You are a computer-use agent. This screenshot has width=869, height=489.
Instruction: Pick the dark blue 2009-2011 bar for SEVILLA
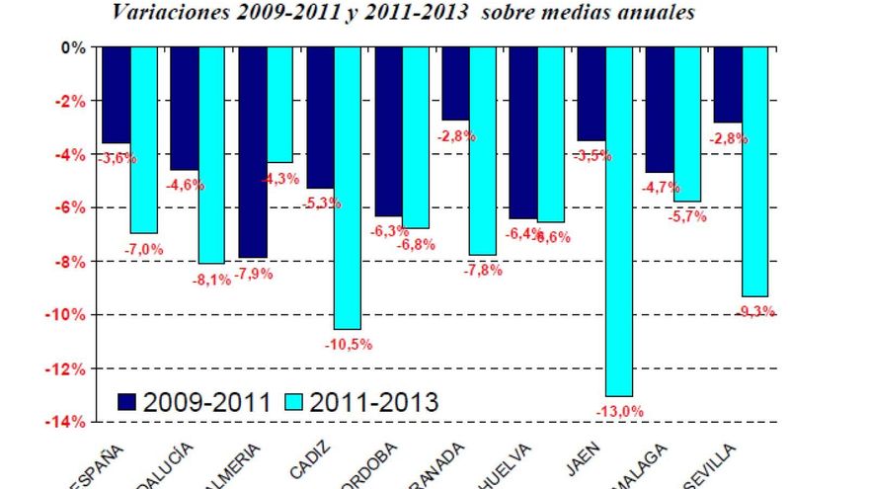click(727, 84)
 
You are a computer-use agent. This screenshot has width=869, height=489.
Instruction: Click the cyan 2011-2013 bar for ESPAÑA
click(143, 139)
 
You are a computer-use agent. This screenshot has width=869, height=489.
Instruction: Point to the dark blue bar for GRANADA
click(455, 83)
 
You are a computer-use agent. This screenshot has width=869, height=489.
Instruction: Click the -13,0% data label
click(619, 411)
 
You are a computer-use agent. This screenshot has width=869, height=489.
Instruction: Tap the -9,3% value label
click(755, 311)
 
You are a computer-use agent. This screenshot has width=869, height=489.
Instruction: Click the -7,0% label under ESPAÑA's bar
click(144, 249)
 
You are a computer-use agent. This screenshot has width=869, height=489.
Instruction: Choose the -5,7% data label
click(687, 217)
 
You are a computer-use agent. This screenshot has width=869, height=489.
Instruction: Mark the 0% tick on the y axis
click(74, 47)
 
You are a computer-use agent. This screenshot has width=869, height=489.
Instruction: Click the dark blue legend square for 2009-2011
click(126, 401)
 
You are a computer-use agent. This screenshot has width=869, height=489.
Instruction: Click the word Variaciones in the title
click(166, 13)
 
